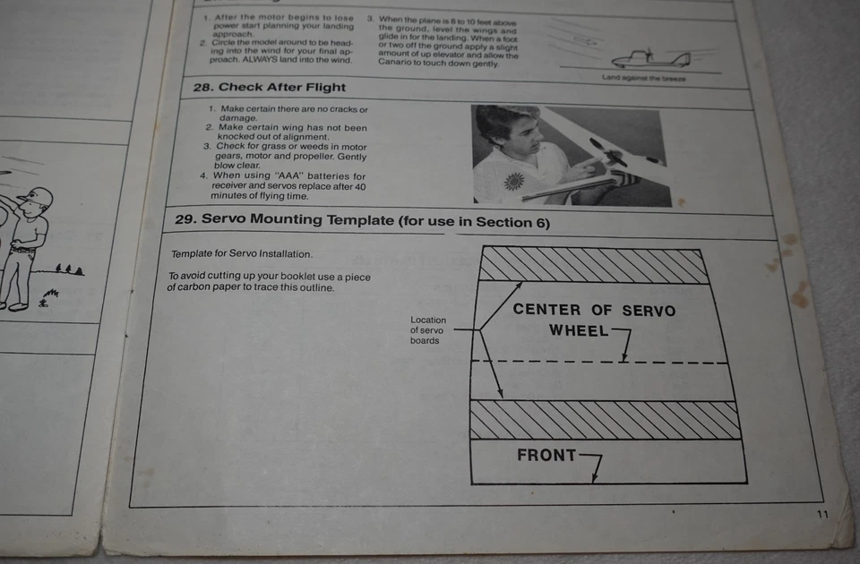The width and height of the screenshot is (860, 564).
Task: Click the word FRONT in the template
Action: pyautogui.click(x=546, y=455)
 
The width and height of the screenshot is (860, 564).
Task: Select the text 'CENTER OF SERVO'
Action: pyautogui.click(x=594, y=310)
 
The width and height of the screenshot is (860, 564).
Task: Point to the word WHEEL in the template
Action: pyautogui.click(x=579, y=330)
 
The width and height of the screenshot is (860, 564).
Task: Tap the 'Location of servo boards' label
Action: pyautogui.click(x=427, y=329)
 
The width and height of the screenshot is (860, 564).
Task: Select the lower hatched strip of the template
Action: pyautogui.click(x=606, y=420)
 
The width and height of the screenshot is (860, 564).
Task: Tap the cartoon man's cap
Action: pyautogui.click(x=38, y=196)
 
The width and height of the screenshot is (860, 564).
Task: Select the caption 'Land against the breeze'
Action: pyautogui.click(x=643, y=79)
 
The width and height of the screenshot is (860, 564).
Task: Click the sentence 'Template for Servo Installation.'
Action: pyautogui.click(x=242, y=253)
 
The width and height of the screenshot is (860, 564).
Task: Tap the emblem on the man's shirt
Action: pyautogui.click(x=513, y=180)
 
